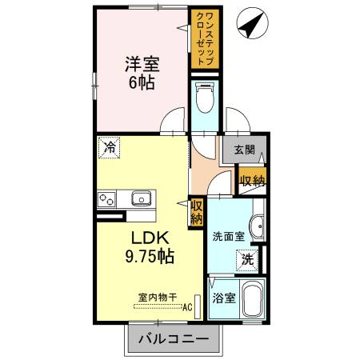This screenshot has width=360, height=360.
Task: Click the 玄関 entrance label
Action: tap(245, 150)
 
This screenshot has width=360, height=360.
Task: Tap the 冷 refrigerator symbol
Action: tap(110, 148)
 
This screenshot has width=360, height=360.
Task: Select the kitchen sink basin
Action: tap(142, 198)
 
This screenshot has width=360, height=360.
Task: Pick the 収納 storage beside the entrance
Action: tap(253, 180)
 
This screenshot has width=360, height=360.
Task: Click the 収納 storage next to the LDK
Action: tap(196, 211)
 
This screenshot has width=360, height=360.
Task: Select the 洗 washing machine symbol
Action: tap(248, 259)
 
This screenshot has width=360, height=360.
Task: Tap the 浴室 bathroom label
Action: tap(223, 299)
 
